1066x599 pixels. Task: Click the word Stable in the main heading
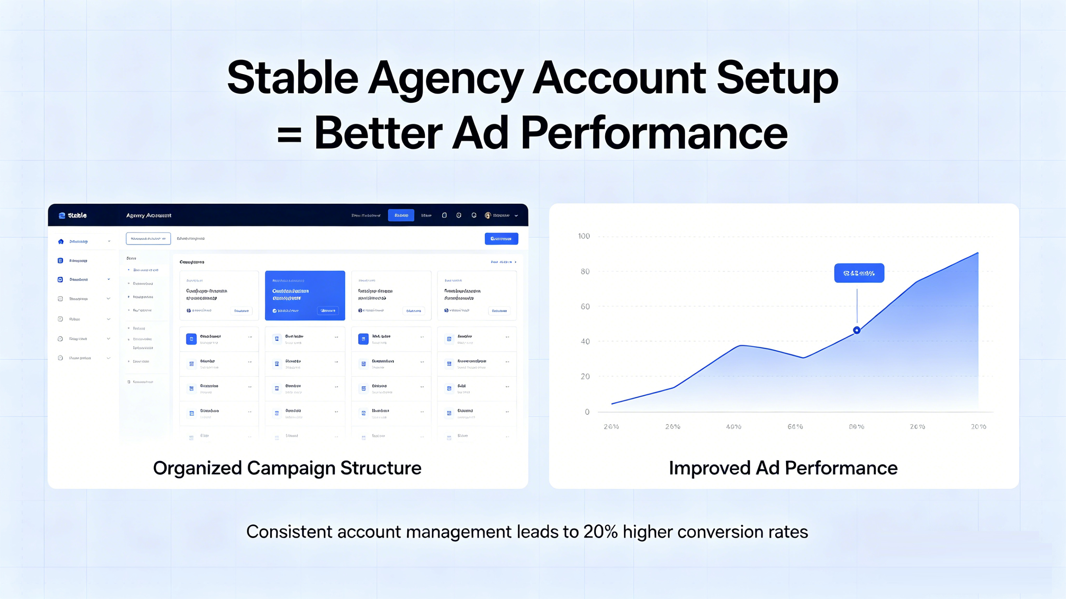pos(292,78)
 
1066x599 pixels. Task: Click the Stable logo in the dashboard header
pos(73,215)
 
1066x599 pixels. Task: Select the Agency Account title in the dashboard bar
pos(148,215)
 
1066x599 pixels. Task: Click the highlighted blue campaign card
pos(305,295)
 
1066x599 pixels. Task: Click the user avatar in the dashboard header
pos(488,215)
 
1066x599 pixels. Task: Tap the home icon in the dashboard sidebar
pos(61,241)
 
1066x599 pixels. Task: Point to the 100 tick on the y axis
pos(584,236)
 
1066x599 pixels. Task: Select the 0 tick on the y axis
pos(587,412)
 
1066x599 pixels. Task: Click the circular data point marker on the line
pos(857,330)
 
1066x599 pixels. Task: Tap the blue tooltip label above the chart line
pos(859,273)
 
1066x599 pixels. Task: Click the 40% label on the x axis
pos(733,427)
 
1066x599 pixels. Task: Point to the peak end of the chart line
pos(977,253)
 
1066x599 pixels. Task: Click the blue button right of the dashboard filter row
pos(501,239)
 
